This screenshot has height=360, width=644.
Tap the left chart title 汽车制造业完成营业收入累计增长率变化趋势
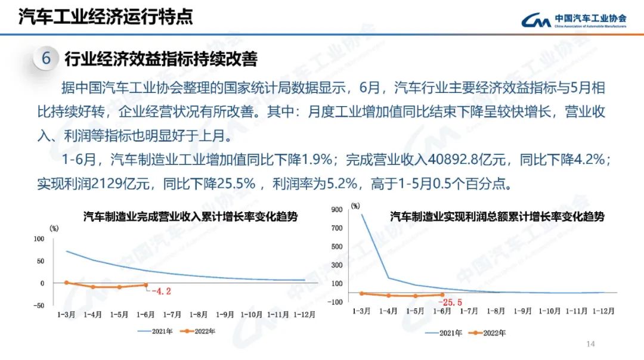click(x=190, y=217)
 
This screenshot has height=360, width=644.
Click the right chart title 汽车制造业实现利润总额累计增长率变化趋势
click(x=497, y=217)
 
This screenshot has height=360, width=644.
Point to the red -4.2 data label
click(x=161, y=291)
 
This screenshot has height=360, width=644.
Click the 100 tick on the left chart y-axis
click(x=39, y=239)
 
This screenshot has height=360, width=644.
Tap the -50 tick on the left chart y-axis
click(x=38, y=305)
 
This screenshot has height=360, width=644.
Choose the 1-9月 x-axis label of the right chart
click(x=523, y=311)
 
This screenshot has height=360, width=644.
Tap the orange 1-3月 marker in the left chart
click(x=66, y=283)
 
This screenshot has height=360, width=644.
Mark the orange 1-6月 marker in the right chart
click(x=442, y=294)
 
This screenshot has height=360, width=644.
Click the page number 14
click(x=592, y=344)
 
